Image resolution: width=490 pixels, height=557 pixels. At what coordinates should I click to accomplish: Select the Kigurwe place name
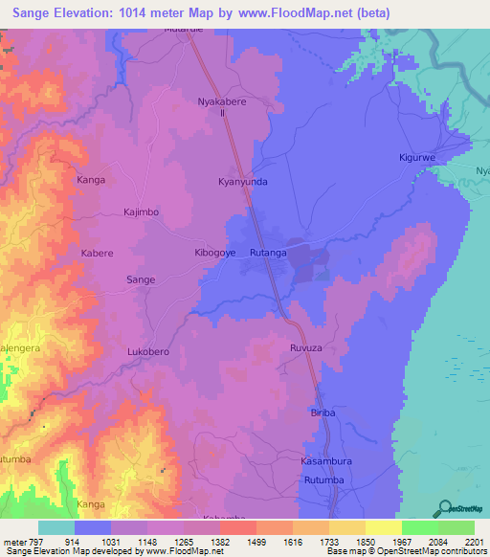(417, 156)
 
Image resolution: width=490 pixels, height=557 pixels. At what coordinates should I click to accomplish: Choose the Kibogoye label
(211, 254)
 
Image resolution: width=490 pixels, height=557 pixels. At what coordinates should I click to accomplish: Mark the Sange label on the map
(141, 279)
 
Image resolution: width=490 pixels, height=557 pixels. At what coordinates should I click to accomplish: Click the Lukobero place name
(148, 352)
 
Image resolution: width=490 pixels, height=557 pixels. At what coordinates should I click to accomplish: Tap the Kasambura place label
(315, 461)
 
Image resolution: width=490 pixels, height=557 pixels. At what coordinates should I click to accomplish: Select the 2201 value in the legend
(475, 541)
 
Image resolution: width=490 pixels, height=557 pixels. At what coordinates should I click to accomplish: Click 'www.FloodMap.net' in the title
(290, 11)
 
